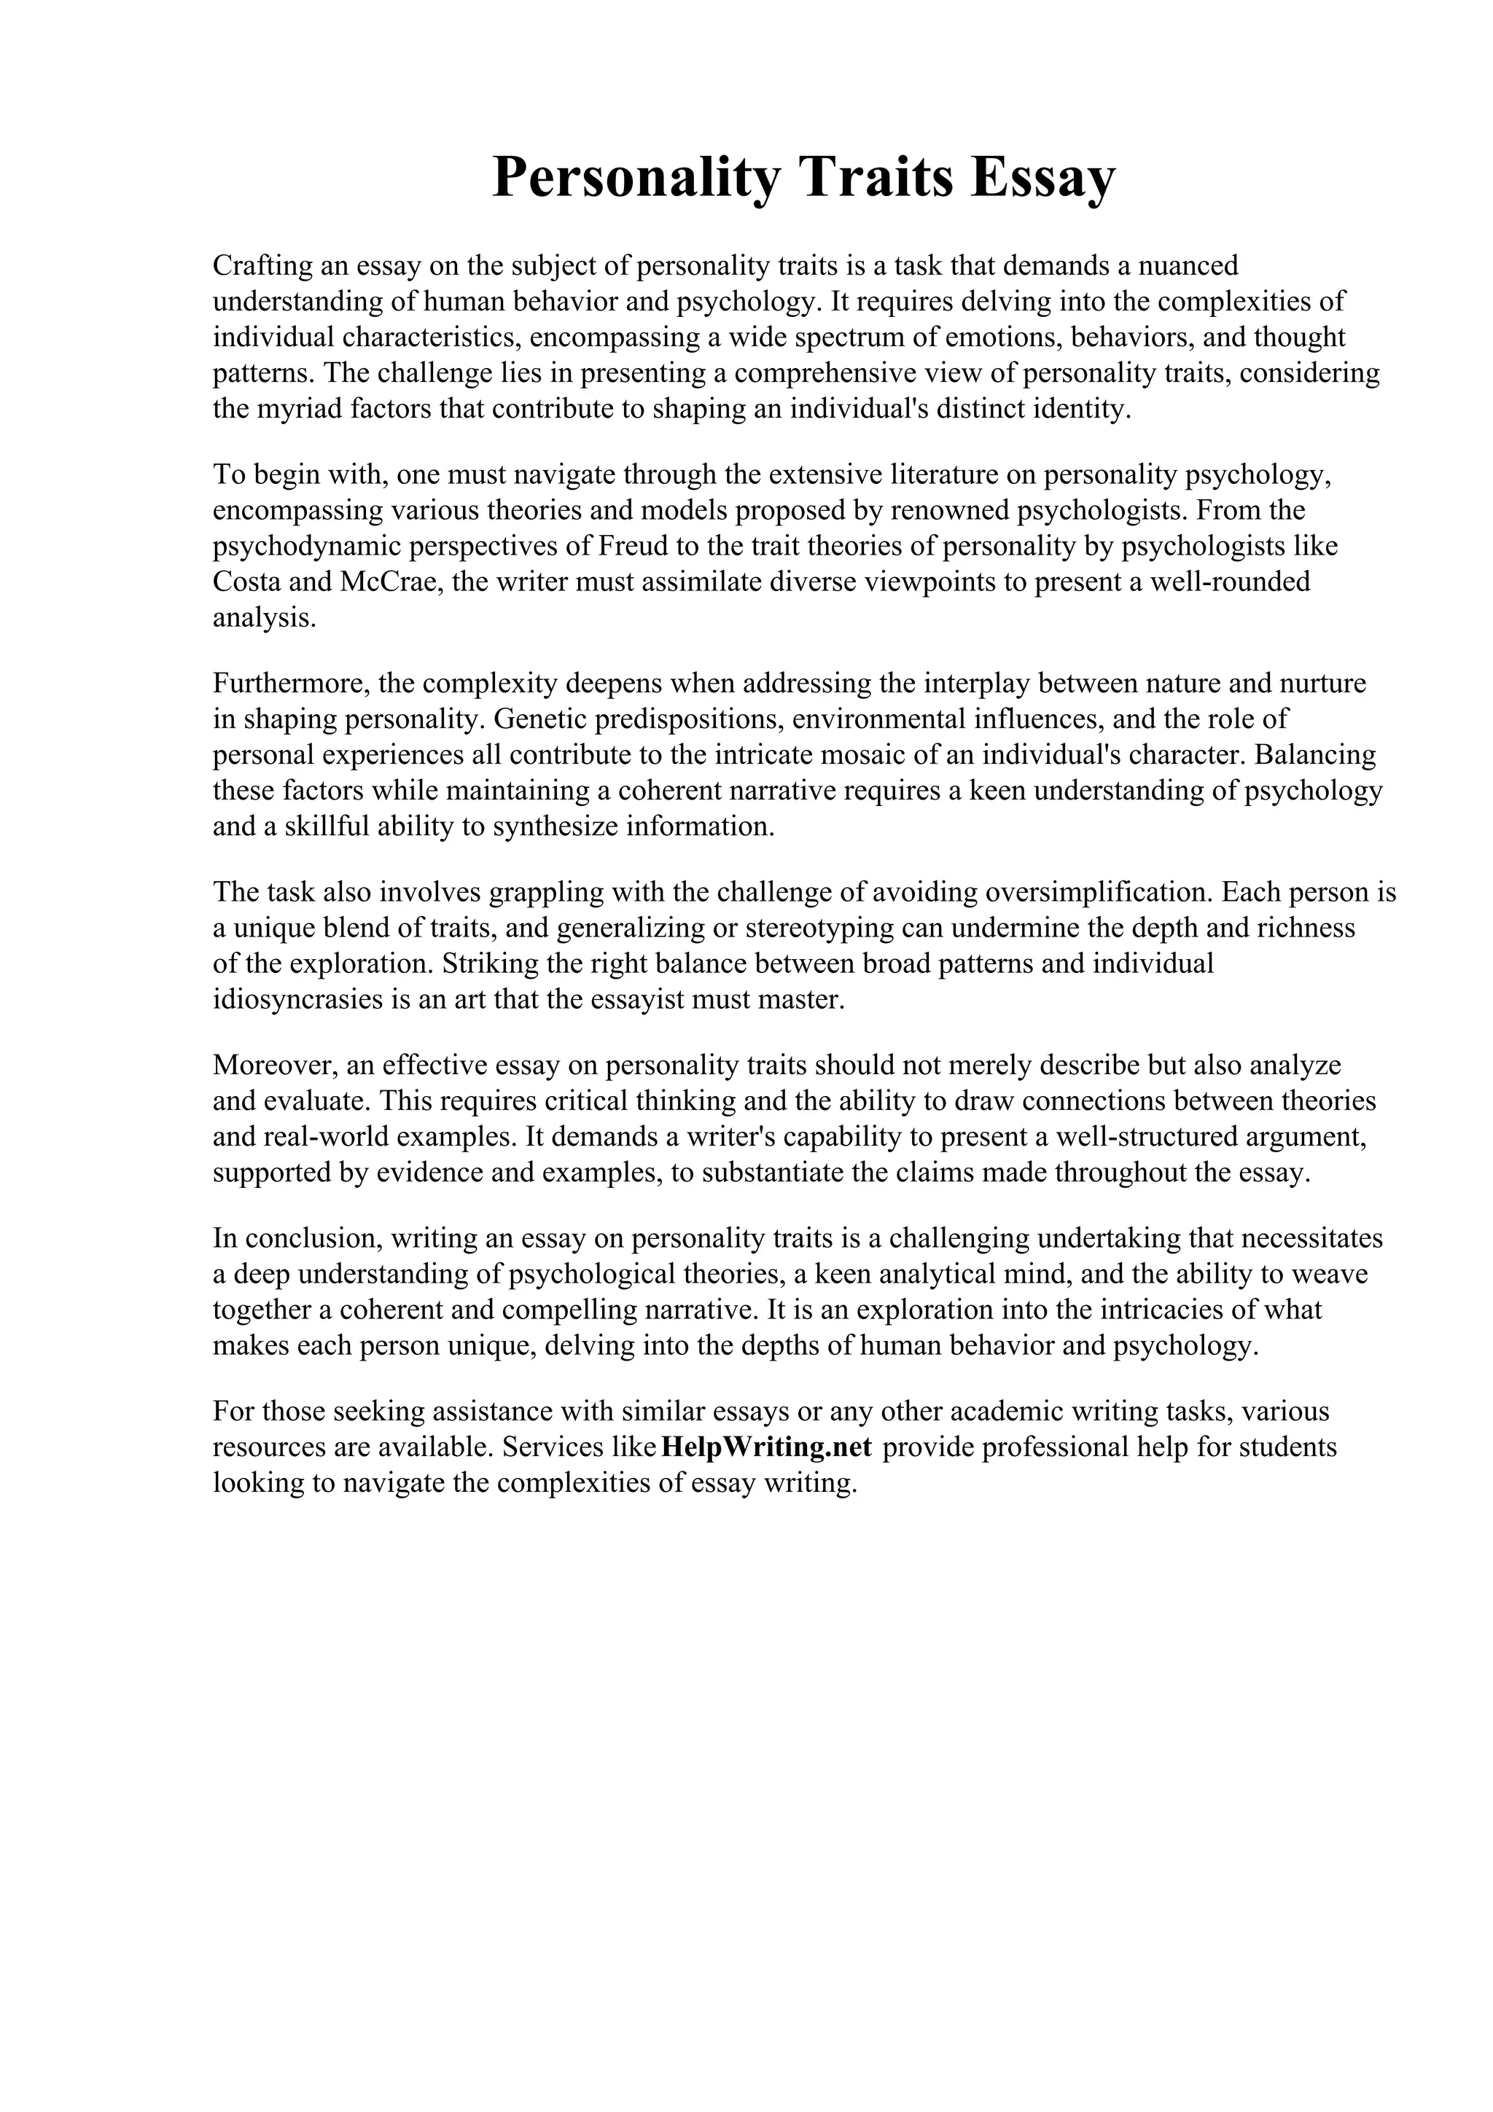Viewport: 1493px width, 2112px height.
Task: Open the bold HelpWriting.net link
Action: (765, 1447)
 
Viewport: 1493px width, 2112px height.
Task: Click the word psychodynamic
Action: (305, 547)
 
